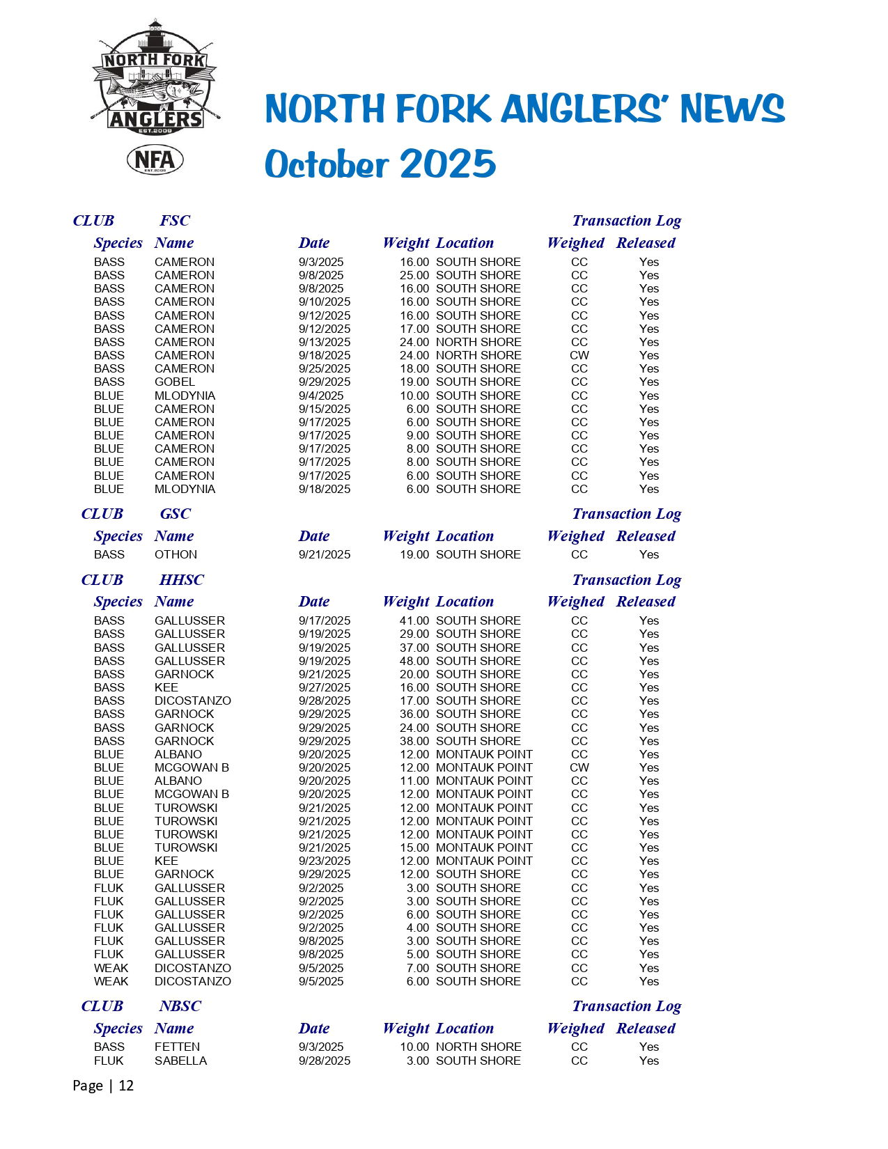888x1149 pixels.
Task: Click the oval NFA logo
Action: (155, 160)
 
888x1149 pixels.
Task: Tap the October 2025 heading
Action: (380, 164)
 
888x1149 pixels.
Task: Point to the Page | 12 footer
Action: (103, 1086)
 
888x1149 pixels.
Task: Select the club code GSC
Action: (175, 514)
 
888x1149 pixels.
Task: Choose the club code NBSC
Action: (180, 1006)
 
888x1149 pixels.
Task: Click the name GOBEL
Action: (175, 382)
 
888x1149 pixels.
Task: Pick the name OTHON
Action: (176, 554)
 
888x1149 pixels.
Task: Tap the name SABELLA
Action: (180, 1061)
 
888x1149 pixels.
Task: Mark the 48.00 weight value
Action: (414, 661)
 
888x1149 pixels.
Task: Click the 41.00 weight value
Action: (414, 620)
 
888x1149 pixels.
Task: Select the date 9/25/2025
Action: (325, 368)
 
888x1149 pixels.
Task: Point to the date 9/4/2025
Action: (321, 396)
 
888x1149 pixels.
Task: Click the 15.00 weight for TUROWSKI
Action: (414, 847)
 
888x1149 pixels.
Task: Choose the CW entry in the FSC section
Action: (579, 355)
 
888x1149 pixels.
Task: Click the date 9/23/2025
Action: (325, 861)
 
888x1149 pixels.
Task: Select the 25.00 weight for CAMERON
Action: (414, 275)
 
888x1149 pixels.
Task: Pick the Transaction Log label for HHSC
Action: (626, 580)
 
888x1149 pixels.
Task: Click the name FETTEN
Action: (177, 1047)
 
